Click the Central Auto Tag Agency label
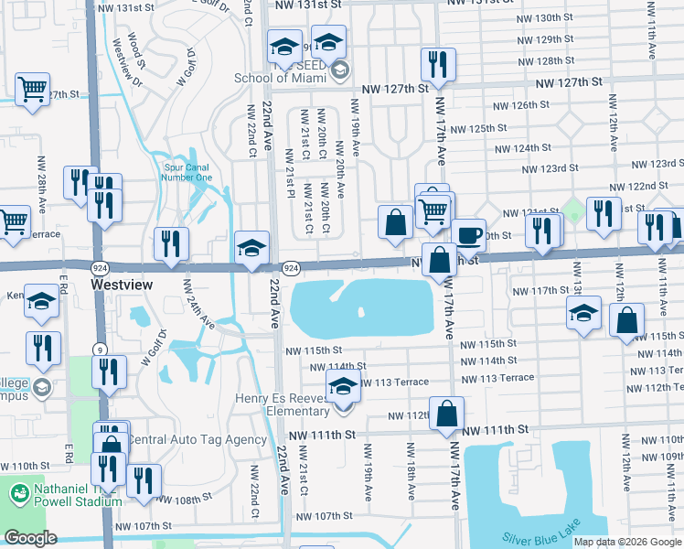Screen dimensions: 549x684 (195, 439)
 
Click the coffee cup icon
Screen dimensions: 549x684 (468, 236)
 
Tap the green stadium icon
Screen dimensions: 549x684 (19, 494)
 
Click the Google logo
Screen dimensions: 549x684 (30, 538)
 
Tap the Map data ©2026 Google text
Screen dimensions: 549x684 (627, 542)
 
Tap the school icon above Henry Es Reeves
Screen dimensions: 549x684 (343, 385)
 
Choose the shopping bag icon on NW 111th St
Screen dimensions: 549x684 (447, 413)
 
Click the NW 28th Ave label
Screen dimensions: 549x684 (41, 184)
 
